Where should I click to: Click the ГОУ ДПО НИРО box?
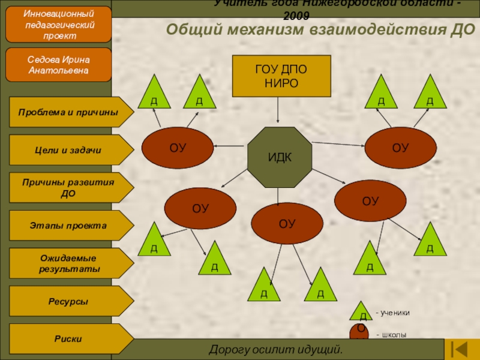(x=281, y=76)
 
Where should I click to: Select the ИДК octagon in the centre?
(x=280, y=157)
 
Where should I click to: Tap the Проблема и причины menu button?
(x=69, y=112)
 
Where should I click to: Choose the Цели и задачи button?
(x=69, y=150)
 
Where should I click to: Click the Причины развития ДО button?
(x=69, y=188)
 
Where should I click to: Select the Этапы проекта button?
(x=69, y=226)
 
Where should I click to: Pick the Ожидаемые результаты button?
(x=69, y=263)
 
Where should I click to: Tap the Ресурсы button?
(x=69, y=301)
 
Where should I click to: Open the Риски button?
(x=69, y=339)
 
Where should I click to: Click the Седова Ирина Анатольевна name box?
(x=59, y=65)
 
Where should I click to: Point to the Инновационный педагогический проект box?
(x=59, y=23)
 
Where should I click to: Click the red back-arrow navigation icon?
(x=461, y=349)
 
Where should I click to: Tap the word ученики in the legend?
(x=395, y=313)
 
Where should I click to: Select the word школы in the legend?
(x=394, y=334)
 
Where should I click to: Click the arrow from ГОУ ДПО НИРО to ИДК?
(x=278, y=112)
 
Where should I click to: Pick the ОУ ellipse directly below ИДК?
(x=287, y=224)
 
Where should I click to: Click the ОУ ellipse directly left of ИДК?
(x=178, y=148)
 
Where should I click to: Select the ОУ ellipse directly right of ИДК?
(x=401, y=148)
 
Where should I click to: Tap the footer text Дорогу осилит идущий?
(x=275, y=349)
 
